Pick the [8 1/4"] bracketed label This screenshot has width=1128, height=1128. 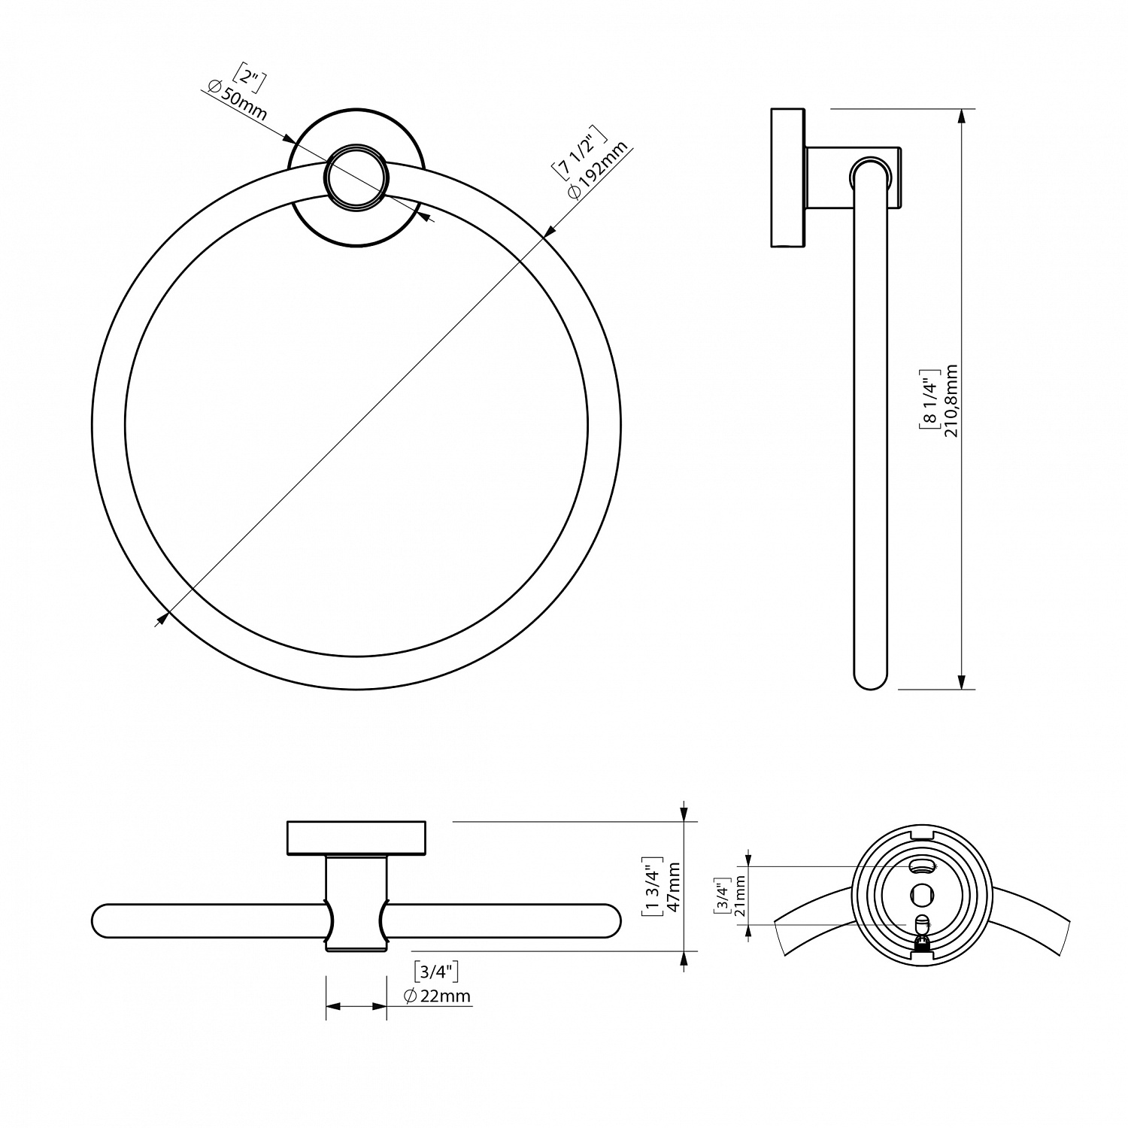[929, 399]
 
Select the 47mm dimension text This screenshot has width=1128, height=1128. [674, 887]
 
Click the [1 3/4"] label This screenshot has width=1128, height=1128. [652, 887]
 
